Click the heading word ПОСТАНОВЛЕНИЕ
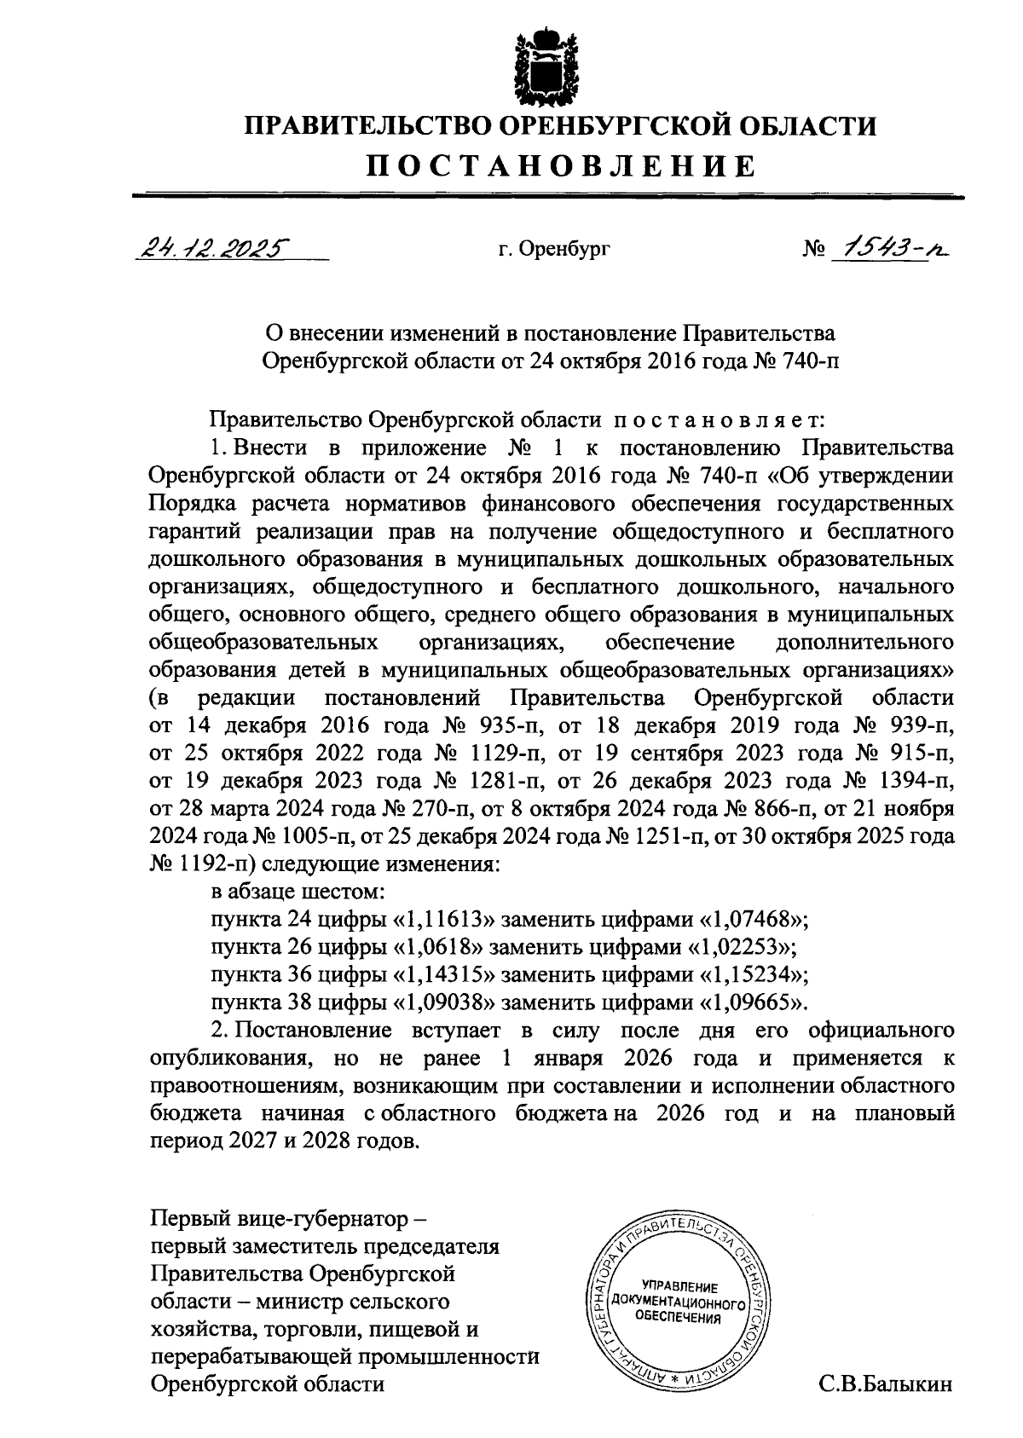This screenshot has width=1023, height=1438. pyautogui.click(x=561, y=165)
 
